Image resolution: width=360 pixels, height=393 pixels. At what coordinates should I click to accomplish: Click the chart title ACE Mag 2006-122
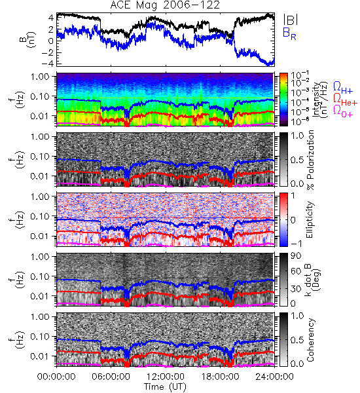coord(165,5)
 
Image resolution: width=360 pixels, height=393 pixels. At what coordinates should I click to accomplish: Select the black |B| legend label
coord(291,20)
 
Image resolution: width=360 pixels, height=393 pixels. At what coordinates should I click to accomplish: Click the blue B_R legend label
coord(289,33)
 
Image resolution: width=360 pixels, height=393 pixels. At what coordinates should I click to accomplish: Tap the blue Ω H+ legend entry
coord(343,88)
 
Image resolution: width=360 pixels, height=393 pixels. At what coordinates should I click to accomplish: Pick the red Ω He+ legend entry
coord(345,100)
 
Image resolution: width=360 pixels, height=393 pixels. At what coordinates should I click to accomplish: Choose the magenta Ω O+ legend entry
coord(343,111)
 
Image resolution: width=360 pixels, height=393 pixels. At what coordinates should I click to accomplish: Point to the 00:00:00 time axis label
coord(56,377)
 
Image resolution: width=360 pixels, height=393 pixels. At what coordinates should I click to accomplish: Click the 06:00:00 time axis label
coord(111,377)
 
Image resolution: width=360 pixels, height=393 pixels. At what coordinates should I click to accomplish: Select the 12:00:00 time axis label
coord(166,377)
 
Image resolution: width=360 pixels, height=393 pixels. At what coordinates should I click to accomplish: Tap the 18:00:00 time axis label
coord(220,377)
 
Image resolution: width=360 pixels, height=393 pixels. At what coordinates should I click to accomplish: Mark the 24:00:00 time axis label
coord(274,377)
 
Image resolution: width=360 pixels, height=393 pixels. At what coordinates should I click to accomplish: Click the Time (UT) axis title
coord(166,387)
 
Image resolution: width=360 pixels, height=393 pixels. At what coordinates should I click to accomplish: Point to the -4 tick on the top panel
coord(49,64)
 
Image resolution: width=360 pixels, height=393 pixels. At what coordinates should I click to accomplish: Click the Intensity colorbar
coord(283,100)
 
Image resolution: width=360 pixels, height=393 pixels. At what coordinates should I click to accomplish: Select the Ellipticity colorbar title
coord(310,220)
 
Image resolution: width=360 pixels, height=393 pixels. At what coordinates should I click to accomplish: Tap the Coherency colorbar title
coord(310,340)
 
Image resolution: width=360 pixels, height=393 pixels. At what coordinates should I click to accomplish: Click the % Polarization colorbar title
coord(310,160)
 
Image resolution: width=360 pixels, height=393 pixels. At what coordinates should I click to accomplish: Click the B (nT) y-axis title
coord(29,39)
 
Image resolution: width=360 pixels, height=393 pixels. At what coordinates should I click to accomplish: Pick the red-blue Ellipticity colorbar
coord(283,220)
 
